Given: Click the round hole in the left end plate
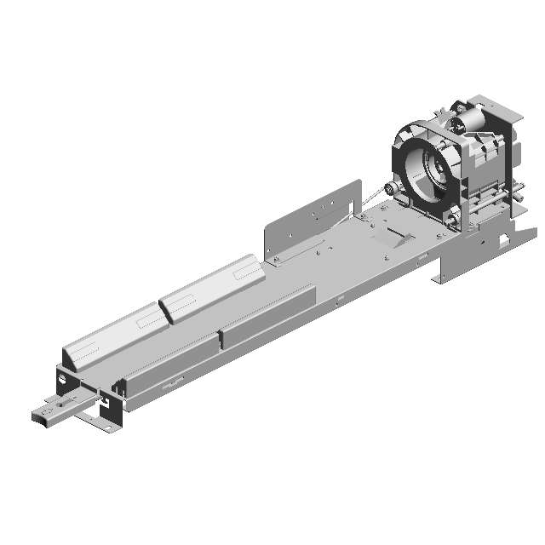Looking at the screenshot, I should click(x=63, y=371).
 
